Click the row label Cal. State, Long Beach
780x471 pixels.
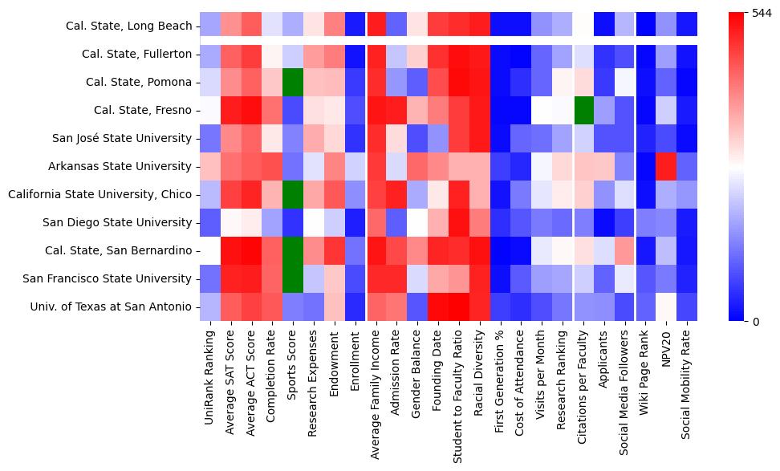tap(128, 26)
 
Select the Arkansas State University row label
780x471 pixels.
tap(124, 167)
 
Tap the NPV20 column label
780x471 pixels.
tap(665, 352)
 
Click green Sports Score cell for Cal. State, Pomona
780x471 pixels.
tap(294, 83)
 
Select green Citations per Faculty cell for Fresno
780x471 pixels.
tap(586, 111)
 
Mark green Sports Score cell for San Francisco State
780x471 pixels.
tap(294, 278)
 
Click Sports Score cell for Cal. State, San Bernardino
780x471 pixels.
tap(294, 250)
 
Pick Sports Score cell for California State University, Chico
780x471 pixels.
tap(294, 194)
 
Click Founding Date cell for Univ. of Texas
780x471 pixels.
tap(437, 307)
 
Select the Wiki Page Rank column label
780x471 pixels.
tap(644, 376)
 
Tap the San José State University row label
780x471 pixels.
tap(123, 138)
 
